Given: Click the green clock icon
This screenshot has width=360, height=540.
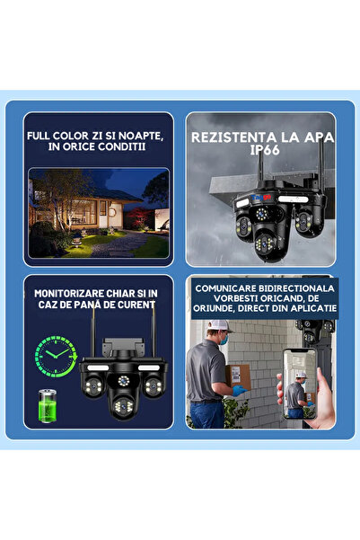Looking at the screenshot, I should tap(55, 355).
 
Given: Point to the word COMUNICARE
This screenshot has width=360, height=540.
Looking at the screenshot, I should tap(231, 287).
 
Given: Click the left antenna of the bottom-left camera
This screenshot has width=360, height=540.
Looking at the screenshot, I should tap(92, 328).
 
